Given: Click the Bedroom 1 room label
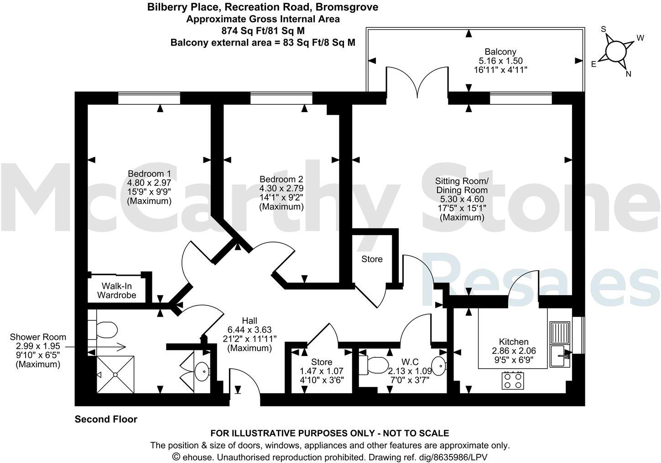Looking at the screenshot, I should click(149, 174).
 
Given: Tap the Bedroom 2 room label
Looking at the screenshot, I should click(281, 179).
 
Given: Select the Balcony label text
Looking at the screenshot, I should click(500, 51).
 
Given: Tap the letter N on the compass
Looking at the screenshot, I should click(629, 74).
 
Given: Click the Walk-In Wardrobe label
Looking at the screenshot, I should click(119, 290).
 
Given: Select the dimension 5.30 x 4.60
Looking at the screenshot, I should click(462, 199).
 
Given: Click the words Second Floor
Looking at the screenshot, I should click(106, 419).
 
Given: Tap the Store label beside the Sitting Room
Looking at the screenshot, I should click(372, 259).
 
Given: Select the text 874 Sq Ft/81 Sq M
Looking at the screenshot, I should click(262, 31).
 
